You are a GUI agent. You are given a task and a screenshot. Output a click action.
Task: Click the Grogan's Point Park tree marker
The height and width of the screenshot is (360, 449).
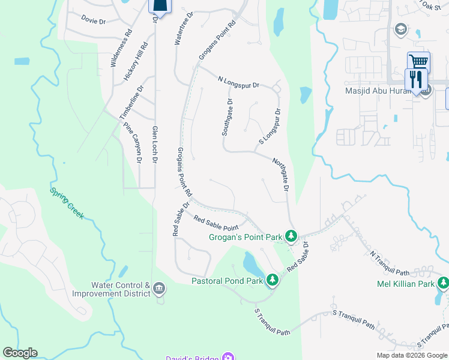click(291, 236)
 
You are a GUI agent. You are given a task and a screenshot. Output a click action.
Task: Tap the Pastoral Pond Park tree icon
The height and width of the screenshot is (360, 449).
click(272, 280)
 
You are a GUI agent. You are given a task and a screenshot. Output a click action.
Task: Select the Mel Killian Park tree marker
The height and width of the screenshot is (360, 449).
click(442, 283)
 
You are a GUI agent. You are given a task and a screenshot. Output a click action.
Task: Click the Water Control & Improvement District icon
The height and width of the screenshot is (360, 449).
click(158, 289)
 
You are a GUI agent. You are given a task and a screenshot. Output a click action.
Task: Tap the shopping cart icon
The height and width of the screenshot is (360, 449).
click(418, 62)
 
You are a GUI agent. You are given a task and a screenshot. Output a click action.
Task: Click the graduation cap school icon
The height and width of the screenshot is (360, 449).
click(400, 29)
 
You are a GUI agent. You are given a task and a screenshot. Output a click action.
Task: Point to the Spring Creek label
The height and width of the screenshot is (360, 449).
click(67, 203)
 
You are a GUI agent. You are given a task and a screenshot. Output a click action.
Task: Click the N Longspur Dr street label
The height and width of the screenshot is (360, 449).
click(238, 82)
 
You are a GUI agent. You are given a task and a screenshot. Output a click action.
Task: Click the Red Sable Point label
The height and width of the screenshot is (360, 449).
click(216, 223)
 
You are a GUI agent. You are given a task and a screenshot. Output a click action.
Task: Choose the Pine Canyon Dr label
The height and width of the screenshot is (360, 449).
click(133, 143)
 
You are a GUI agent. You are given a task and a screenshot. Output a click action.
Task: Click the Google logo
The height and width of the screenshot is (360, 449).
click(20, 353)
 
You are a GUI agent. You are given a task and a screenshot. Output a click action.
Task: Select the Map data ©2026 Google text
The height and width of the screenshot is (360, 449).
click(412, 355)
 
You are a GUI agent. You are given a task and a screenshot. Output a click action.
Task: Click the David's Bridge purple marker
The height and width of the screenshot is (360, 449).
click(227, 358)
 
